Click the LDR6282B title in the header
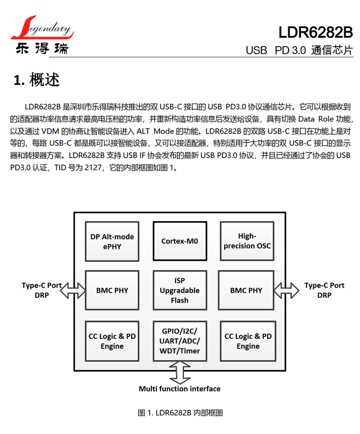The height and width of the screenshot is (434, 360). [316, 30]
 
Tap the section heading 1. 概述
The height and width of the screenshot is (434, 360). [37, 80]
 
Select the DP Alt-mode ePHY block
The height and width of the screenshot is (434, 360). [112, 241]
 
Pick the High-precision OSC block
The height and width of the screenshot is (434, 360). [246, 241]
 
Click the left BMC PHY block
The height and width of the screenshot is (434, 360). [112, 290]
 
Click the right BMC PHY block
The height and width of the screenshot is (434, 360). [246, 290]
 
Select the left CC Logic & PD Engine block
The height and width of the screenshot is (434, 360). [112, 341]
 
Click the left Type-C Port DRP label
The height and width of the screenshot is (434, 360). [42, 290]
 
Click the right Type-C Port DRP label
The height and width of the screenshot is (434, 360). [325, 290]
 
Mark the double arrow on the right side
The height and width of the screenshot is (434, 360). [286, 290]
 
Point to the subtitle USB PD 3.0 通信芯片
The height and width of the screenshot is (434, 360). [299, 50]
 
